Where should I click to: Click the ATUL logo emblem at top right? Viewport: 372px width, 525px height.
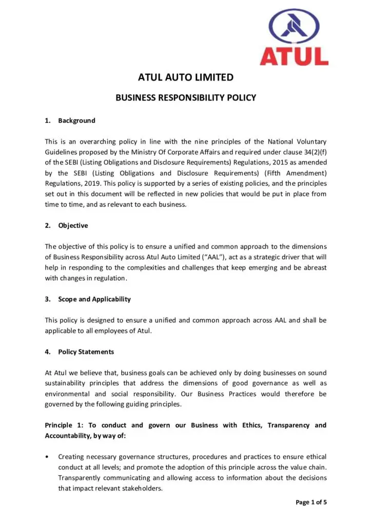tap(294, 26)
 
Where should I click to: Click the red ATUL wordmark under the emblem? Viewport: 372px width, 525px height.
tap(294, 56)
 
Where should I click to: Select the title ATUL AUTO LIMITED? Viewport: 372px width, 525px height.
tap(186, 78)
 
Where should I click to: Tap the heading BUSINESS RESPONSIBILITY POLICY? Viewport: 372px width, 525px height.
tap(186, 97)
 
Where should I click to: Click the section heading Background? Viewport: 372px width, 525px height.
tap(76, 120)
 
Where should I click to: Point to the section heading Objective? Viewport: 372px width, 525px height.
tap(73, 225)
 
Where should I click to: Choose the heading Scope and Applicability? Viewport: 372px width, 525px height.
tap(94, 299)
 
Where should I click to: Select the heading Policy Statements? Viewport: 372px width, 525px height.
tap(86, 352)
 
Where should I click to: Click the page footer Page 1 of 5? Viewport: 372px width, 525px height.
tap(311, 502)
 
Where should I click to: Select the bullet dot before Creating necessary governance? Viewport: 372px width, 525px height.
tap(47, 456)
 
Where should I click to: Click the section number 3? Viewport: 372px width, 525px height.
tap(47, 299)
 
